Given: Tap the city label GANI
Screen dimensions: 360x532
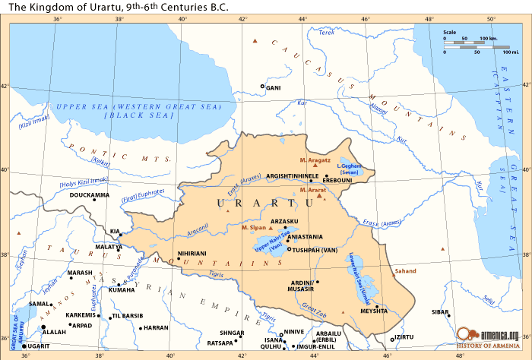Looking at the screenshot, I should (x=274, y=87).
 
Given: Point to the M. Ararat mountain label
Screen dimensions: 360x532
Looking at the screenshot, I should (x=313, y=189).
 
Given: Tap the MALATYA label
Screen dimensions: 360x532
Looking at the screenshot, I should (x=108, y=247).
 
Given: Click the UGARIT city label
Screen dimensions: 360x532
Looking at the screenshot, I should (x=39, y=346).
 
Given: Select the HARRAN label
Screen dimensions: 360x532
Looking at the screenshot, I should (x=155, y=327).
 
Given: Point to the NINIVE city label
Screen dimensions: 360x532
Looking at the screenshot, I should (x=293, y=332).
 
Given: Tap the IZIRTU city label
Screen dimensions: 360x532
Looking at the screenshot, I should (x=404, y=338).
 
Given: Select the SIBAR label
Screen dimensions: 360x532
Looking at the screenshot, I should (x=439, y=311).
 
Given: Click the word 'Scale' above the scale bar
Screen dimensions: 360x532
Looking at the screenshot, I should (x=449, y=32).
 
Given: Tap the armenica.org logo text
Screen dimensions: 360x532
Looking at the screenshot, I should (x=498, y=335).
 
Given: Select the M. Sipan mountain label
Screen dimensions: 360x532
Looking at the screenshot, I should (x=253, y=227).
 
